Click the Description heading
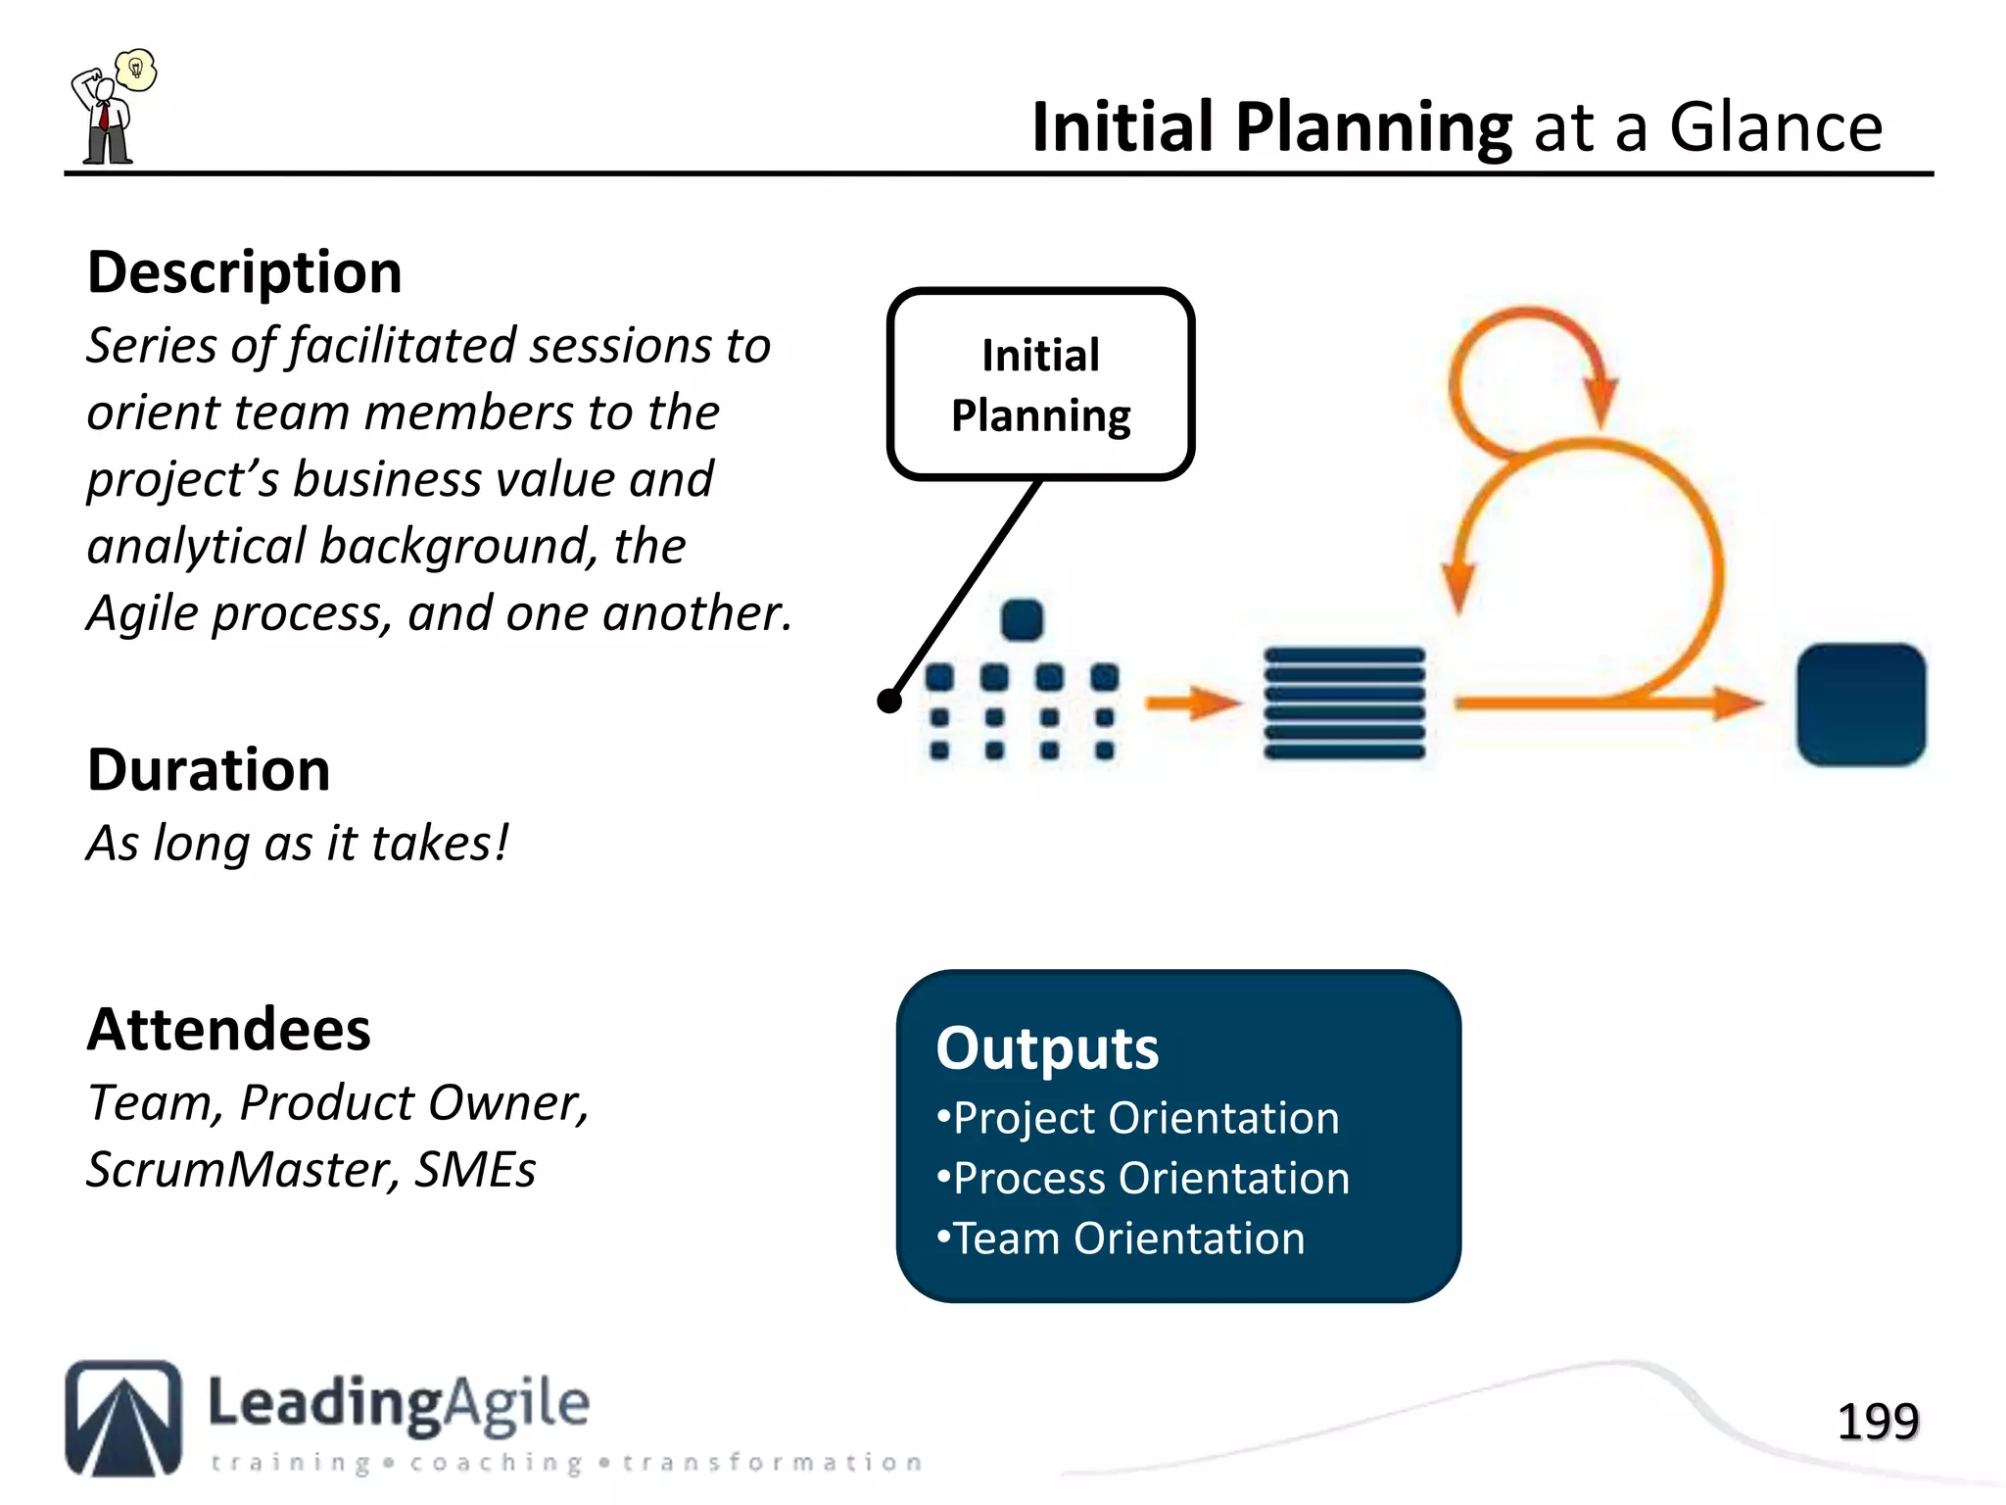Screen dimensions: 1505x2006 [x=244, y=272]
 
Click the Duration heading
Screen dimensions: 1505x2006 [x=209, y=770]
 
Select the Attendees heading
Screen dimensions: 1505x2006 [x=229, y=1030]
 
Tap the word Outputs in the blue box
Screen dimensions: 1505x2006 [x=1046, y=1048]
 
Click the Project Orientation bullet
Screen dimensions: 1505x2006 [x=1138, y=1118]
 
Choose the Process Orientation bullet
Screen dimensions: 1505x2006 [x=1143, y=1179]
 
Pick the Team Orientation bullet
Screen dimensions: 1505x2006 [x=1121, y=1239]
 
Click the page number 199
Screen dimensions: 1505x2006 [x=1877, y=1422]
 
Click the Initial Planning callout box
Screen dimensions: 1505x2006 [x=1040, y=384]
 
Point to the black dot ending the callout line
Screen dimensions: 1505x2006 [x=889, y=701]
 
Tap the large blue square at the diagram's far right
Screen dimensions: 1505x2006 [x=1860, y=704]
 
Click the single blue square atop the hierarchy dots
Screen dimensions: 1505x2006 [x=1022, y=619]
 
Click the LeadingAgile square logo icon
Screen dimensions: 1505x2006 [x=123, y=1418]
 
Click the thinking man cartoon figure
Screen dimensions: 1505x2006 [x=104, y=121]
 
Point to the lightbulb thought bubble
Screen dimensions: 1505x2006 [x=136, y=70]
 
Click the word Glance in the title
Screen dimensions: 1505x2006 [x=1775, y=127]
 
